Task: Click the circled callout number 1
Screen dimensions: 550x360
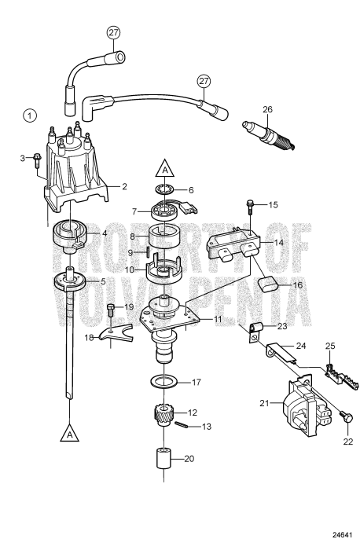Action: [29, 115]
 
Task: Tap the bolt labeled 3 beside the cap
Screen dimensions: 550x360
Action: [36, 162]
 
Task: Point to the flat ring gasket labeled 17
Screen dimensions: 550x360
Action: [163, 383]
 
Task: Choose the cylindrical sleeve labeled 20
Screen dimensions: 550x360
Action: [162, 460]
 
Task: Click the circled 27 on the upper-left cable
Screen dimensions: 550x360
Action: [114, 33]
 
